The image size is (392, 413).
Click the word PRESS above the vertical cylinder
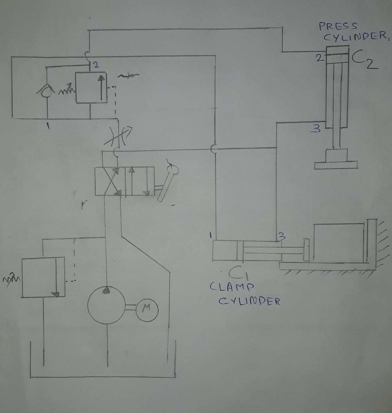coord(338,26)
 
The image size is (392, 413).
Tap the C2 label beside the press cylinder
coord(364,60)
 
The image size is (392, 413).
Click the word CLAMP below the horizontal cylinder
coord(232,287)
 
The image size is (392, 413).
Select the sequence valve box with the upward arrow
coord(91,88)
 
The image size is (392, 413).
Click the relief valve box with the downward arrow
coord(43,277)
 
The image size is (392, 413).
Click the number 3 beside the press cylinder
coord(317,129)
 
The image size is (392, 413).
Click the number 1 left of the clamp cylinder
coord(210,235)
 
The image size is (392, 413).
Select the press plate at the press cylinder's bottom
coord(337,165)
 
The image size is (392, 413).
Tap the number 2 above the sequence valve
coord(95,65)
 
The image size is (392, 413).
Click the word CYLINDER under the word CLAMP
coord(249,301)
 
